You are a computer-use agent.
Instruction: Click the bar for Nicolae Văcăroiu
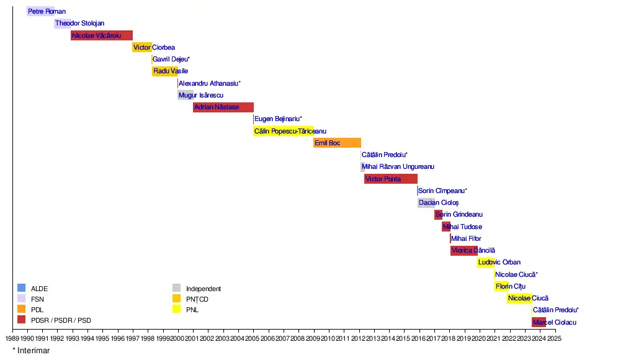[x=102, y=35]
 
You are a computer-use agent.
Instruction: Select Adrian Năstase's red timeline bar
[x=223, y=107]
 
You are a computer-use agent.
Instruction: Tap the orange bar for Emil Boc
[x=337, y=143]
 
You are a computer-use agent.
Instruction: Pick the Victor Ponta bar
[x=391, y=179]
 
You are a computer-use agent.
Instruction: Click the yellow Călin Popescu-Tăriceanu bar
[x=283, y=131]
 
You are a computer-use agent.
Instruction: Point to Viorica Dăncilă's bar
[x=464, y=251]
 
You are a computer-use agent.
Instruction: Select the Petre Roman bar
[x=40, y=11]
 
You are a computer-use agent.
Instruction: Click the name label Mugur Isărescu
[x=201, y=96]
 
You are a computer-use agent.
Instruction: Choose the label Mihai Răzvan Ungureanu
[x=398, y=167]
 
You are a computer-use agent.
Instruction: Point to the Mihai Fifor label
[x=466, y=239]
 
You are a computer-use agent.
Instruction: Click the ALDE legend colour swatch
[x=21, y=288]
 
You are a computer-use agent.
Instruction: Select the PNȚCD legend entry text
[x=197, y=299]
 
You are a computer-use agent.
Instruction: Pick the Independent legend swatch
[x=176, y=288]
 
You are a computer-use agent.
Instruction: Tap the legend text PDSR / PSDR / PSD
[x=61, y=320]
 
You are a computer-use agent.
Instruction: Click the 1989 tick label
[x=12, y=339]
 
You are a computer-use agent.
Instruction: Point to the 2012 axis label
[x=359, y=339]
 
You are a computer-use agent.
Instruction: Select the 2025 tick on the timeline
[x=554, y=339]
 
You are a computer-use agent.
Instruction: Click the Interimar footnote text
[x=31, y=351]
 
